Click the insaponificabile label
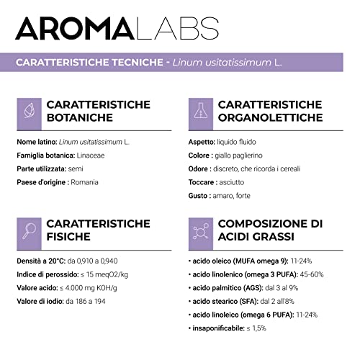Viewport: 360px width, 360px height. (223, 327)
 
